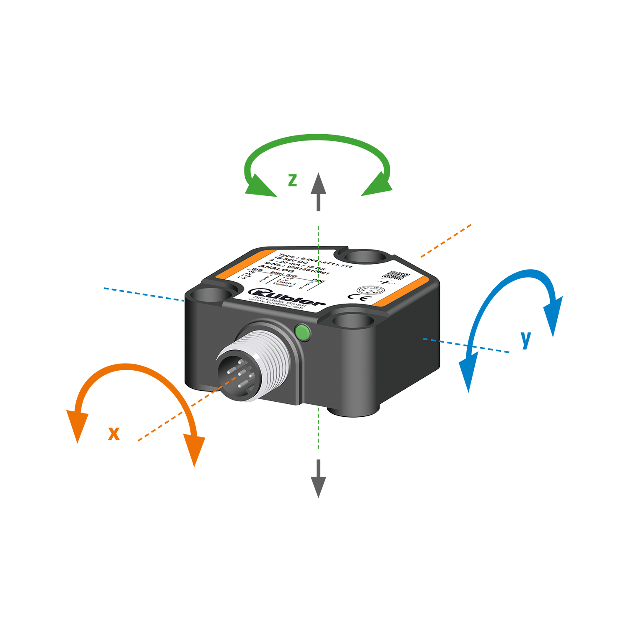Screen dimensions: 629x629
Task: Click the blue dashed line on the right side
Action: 432,340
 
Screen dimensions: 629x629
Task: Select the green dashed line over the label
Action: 319,260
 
